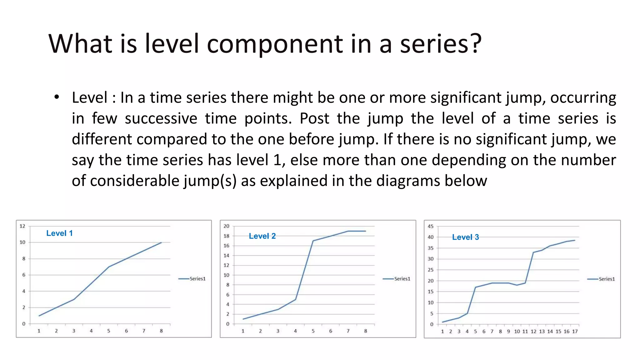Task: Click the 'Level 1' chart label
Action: pyautogui.click(x=59, y=233)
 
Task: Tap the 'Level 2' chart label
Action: pyautogui.click(x=262, y=236)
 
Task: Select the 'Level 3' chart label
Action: pyautogui.click(x=465, y=237)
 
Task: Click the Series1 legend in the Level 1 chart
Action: pyautogui.click(x=192, y=278)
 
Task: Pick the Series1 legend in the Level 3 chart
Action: pyautogui.click(x=601, y=279)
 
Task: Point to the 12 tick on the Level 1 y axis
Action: pyautogui.click(x=22, y=226)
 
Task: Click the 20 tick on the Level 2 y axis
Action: pyautogui.click(x=226, y=226)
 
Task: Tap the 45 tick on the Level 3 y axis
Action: pyautogui.click(x=431, y=226)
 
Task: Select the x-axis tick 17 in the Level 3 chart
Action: pyautogui.click(x=575, y=331)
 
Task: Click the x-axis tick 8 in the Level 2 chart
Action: pyautogui.click(x=365, y=331)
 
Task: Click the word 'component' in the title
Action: pyautogui.click(x=275, y=44)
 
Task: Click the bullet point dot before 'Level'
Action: pyautogui.click(x=57, y=97)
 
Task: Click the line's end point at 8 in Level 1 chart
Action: pyautogui.click(x=161, y=242)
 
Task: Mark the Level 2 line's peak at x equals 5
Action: pyautogui.click(x=313, y=241)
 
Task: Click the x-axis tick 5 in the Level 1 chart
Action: pyautogui.click(x=109, y=331)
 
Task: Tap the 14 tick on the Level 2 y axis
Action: pyautogui.click(x=226, y=255)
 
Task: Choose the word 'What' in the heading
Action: pyautogui.click(x=80, y=44)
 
